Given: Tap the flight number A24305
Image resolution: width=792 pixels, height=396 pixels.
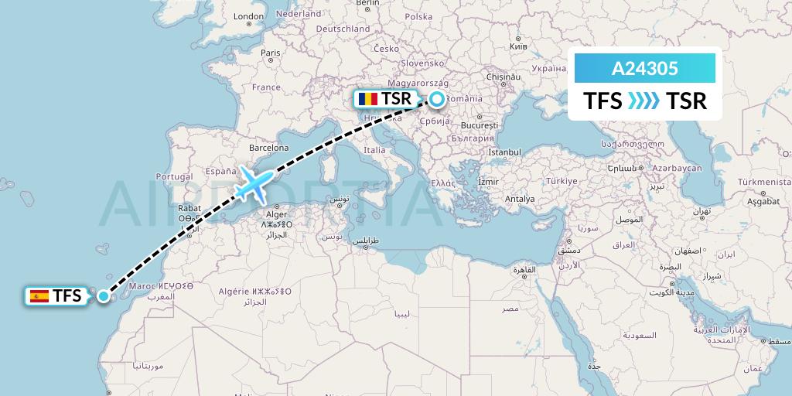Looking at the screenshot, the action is coord(645,69).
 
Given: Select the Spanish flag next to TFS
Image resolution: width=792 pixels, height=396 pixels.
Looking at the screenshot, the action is coord(39,295).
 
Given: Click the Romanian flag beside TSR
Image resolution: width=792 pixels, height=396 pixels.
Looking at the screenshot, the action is coord(367,99).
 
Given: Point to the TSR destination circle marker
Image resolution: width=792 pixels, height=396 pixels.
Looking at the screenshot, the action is coord(437,99).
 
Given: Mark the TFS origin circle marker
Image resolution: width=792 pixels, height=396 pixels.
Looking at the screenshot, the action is coord(104,295).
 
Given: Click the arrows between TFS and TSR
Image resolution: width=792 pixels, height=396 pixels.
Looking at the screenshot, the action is coord(644,101).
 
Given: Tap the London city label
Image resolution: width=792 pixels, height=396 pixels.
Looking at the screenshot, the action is coord(248,16).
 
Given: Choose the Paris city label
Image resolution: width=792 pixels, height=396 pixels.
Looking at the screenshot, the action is coord(270,53).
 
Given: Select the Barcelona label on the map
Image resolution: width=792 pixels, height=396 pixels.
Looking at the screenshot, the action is coord(268,148).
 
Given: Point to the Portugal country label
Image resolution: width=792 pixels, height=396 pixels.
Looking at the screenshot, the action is coord(173,176).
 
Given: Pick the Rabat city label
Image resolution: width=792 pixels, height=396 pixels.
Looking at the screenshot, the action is coord(189,207).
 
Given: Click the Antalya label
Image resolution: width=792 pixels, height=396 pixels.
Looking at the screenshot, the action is coord(519,199).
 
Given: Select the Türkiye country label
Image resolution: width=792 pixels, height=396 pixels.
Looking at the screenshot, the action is coord(562,181).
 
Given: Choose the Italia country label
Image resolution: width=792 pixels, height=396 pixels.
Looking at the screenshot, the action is coord(374,150).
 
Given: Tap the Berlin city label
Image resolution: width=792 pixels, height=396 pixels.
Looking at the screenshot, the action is coord(368,3).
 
